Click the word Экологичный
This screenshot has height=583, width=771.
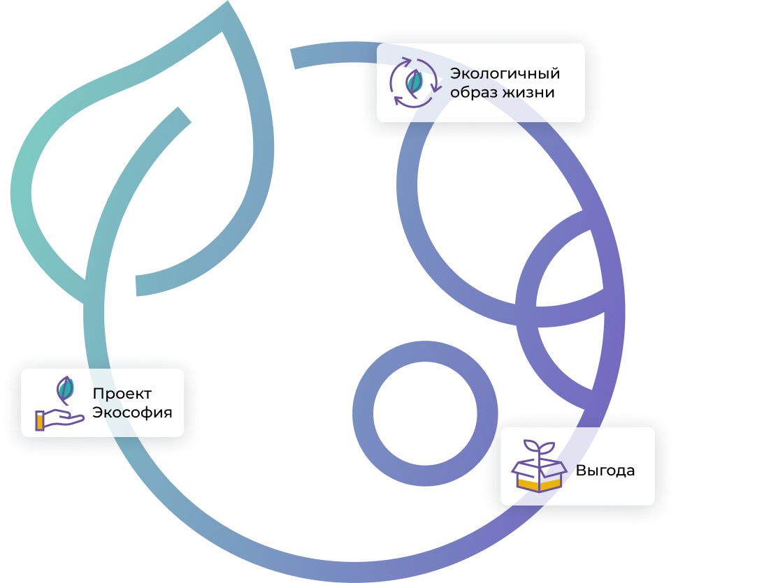point(505,74)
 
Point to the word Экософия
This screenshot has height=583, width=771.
point(132,412)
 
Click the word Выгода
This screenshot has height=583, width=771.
point(605,471)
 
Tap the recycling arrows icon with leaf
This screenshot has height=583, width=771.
point(415,83)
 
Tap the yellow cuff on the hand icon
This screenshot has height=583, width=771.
point(41,419)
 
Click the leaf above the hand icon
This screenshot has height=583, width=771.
point(65,390)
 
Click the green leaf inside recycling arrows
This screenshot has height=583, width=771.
point(415,82)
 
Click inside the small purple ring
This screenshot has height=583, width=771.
point(415,414)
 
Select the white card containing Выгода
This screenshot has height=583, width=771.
point(577,466)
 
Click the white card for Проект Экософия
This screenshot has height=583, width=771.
point(102,403)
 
